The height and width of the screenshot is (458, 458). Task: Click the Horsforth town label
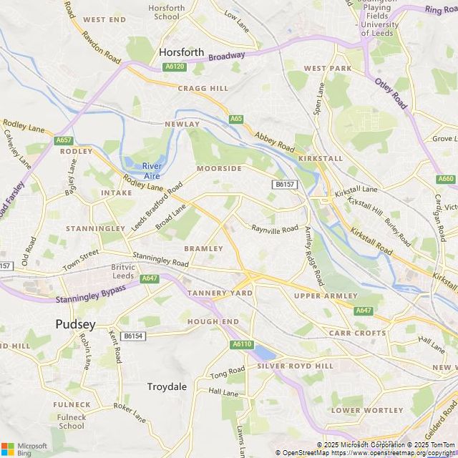coord(181,52)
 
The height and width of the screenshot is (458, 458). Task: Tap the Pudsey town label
coord(75,324)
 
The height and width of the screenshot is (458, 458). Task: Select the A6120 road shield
coord(174,67)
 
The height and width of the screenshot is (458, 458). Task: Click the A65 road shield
coord(235,119)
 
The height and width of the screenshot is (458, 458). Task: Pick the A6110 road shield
coord(242,344)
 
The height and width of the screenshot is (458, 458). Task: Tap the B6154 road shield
coord(132,336)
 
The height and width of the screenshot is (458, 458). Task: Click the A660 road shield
coord(446,179)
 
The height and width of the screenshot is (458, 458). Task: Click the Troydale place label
coord(167,386)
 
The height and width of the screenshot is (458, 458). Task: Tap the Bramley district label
coord(203,248)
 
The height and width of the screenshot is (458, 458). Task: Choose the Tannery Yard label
coord(220,293)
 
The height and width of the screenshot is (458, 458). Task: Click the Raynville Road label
coord(274,229)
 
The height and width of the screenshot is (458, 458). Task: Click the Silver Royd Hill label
coord(296,366)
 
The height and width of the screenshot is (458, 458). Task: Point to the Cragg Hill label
coord(203,88)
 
